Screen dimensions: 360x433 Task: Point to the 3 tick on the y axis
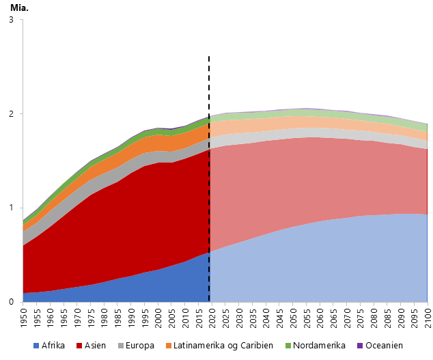click(10, 20)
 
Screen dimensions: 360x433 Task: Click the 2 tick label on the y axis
click(10, 113)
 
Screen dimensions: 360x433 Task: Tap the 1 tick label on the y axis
click(10, 208)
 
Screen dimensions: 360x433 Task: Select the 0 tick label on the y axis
click(10, 302)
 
